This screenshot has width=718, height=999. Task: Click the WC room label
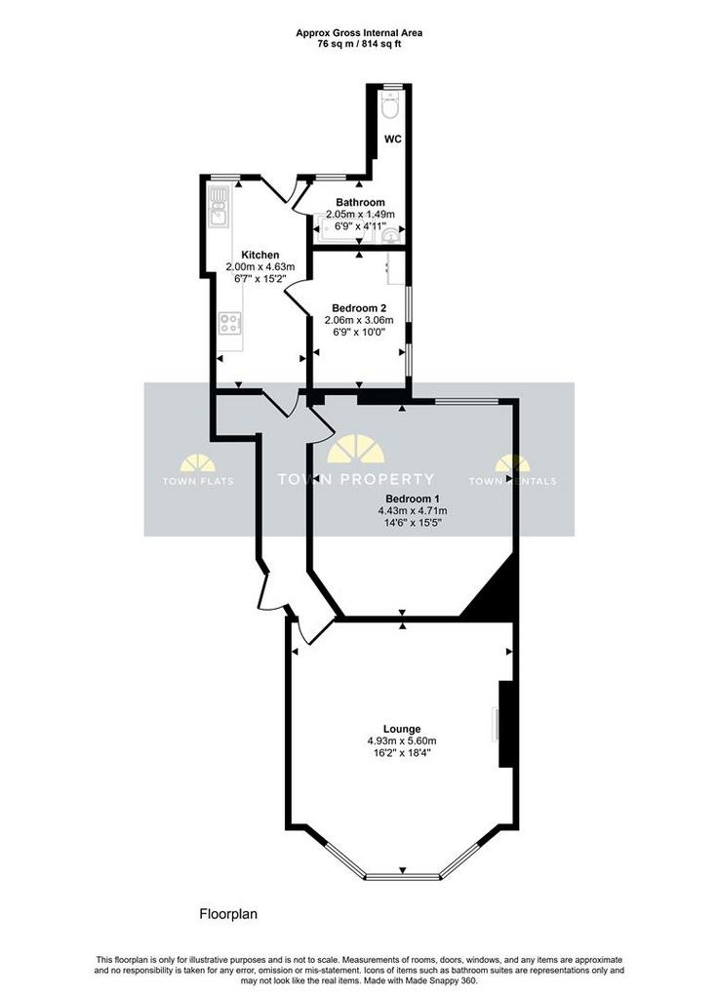coord(393,139)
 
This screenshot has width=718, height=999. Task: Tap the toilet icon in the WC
coord(390,105)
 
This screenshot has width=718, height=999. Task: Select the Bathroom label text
coord(361,202)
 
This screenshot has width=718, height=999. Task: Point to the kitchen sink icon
coord(219,206)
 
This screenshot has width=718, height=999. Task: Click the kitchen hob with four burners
coord(230,324)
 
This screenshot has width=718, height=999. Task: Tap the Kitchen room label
coord(259,255)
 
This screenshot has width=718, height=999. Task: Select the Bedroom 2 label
coord(359,307)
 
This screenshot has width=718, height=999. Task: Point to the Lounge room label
coord(402,729)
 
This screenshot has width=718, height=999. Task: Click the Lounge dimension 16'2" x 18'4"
coord(402,752)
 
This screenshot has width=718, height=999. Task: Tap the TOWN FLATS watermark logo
coord(197,469)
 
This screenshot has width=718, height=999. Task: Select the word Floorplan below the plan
coord(228,914)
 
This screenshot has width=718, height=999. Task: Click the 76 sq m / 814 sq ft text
coord(359,44)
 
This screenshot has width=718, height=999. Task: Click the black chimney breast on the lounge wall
coord(506,724)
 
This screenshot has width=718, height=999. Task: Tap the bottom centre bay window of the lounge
coord(403,877)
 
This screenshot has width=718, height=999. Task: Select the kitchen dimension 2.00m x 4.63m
coord(260,267)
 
